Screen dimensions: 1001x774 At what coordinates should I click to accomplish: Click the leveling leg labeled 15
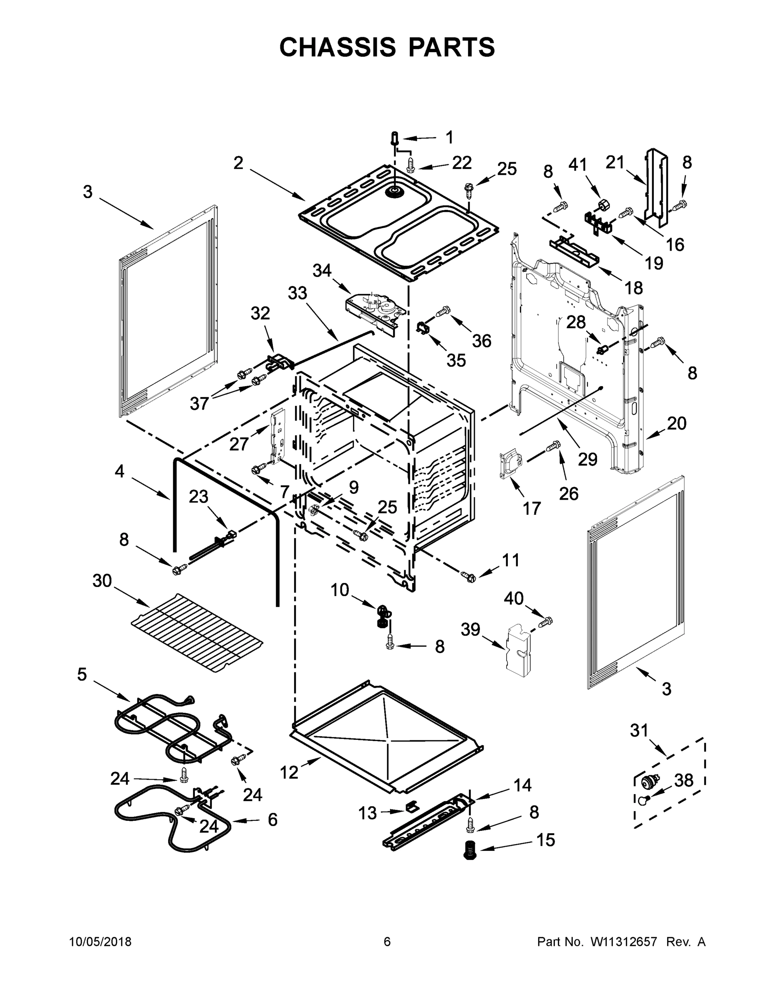click(x=468, y=849)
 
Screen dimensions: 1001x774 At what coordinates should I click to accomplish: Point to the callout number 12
click(x=289, y=773)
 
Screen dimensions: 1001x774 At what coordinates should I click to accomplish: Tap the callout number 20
click(x=676, y=423)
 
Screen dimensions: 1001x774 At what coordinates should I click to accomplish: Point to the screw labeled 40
click(x=547, y=622)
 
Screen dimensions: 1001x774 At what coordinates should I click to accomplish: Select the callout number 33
click(x=297, y=293)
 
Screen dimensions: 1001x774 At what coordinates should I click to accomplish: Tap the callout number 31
click(x=639, y=730)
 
